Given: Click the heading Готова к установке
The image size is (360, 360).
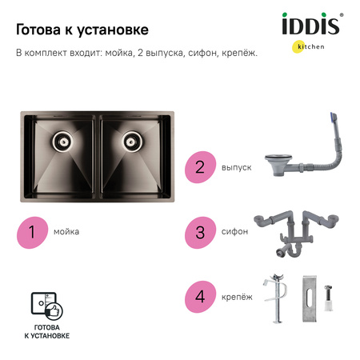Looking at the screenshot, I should click(82, 30).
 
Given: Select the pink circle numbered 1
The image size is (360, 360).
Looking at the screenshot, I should click(33, 231).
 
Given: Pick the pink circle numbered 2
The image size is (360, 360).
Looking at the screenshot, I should click(200, 168).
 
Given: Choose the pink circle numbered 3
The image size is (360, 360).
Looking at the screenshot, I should click(200, 231).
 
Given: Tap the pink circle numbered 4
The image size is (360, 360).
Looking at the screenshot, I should click(200, 296).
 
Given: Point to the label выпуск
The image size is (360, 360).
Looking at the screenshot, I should click(236, 168).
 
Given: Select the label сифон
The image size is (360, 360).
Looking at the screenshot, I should click(234, 231).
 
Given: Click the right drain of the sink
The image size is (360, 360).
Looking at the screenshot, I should click(132, 142).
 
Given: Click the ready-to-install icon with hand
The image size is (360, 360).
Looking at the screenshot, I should click(46, 306).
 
